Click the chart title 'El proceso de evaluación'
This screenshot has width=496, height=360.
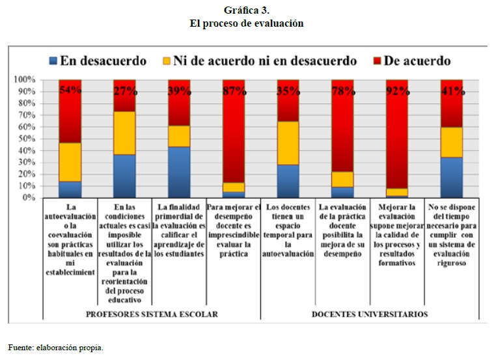coord(247,23)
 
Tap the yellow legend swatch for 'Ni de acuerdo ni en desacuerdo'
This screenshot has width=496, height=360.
coord(166,61)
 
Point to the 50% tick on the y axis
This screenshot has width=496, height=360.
coord(27,139)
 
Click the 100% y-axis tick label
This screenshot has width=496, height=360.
coord(24,79)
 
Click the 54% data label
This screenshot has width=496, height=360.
coord(70,90)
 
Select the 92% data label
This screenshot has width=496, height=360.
coord(396,90)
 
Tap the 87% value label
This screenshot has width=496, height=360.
coord(234,90)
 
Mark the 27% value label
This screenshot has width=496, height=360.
coord(124,90)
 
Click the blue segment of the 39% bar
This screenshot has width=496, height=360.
coord(178,172)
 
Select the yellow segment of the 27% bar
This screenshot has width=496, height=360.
coord(124,133)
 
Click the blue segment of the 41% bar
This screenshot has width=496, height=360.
coord(451,177)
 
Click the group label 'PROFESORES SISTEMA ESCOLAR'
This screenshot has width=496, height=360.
coord(151,313)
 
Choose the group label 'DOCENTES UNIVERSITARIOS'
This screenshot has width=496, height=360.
coord(370,313)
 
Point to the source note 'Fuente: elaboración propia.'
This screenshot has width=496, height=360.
coord(56,348)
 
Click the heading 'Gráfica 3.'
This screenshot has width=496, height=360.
coord(247,10)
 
